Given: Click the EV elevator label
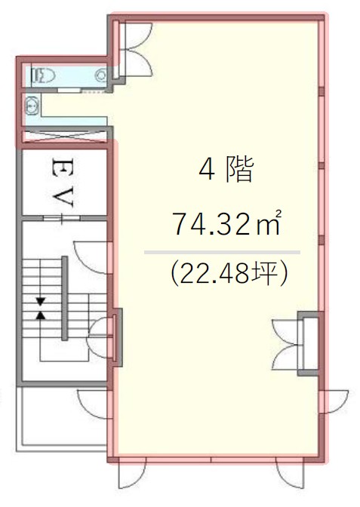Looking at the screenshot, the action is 63,183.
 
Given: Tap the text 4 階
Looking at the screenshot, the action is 226,170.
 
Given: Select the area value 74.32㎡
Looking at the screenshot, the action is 227,224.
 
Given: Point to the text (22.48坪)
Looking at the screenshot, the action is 229,272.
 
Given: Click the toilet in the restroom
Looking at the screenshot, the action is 43,76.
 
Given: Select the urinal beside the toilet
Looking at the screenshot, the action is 100,75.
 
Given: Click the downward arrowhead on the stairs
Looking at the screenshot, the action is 41,302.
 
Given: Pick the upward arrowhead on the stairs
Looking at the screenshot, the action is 41,315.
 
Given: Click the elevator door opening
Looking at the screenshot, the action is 62,217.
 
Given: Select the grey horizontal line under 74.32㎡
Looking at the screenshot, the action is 222,252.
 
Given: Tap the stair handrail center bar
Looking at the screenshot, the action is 65,298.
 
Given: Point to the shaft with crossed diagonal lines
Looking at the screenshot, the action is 64,136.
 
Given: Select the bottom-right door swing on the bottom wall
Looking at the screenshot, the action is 290,474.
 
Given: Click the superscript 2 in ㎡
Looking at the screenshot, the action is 278,213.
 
